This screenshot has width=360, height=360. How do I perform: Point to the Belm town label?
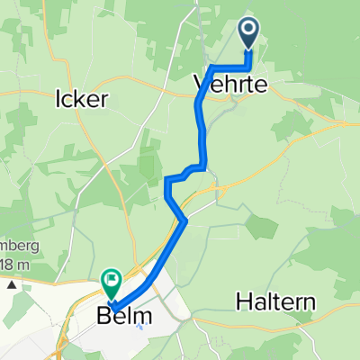[127, 317]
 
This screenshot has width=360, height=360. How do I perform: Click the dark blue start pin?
[248, 34]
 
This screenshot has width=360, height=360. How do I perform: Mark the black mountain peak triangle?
[12, 284]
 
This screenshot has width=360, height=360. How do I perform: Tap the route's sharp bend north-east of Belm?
[184, 220]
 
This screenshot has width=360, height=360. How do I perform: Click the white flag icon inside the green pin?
[112, 280]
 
